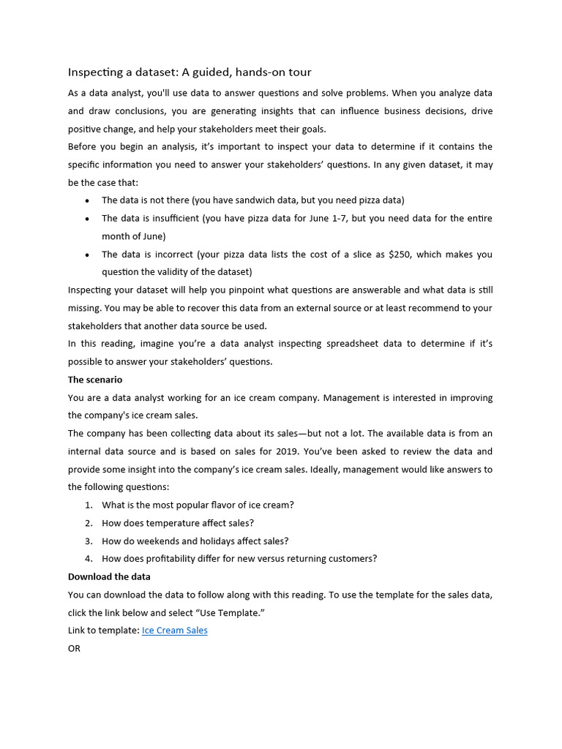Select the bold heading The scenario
(95, 380)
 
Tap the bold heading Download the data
(109, 576)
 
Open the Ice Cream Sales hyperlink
(174, 630)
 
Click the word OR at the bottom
(74, 648)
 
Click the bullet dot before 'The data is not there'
(88, 200)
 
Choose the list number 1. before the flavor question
(89, 505)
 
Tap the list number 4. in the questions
(89, 558)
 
